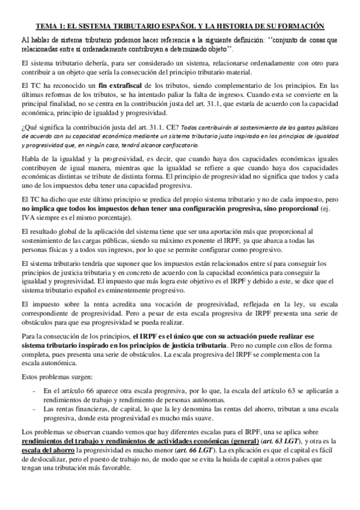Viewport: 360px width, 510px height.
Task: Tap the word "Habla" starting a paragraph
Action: pyautogui.click(x=30, y=158)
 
